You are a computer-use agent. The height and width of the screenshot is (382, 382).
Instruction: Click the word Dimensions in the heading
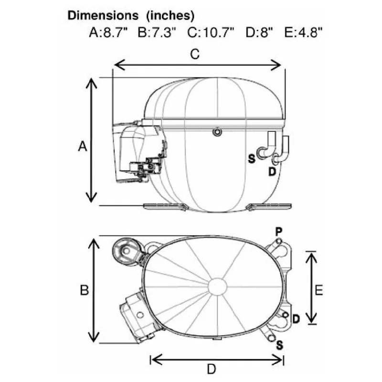pos(103,15)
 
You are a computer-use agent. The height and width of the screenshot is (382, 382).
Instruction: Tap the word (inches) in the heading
pos(170,16)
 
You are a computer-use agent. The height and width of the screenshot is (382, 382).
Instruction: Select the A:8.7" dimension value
pos(108,32)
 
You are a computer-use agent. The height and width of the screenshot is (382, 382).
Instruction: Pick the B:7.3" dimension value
pos(157,32)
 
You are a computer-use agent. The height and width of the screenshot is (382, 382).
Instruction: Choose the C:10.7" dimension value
pos(211,32)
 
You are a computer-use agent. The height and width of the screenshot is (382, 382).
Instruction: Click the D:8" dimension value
pos(259,32)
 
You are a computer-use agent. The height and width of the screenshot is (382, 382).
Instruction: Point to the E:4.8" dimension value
pos(303,32)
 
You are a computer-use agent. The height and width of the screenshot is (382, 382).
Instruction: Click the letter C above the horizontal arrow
pos(195,54)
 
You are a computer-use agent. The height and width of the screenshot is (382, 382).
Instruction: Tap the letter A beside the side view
pos(83,147)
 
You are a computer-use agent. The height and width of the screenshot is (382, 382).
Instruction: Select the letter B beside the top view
pos(85,290)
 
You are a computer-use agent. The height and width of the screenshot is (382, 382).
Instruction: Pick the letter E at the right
pos(318,290)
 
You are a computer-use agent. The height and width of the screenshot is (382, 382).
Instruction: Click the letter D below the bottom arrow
pos(212,369)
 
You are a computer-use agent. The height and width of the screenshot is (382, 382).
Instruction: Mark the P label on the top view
pos(279,231)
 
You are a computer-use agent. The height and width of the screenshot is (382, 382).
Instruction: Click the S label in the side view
pos(252,159)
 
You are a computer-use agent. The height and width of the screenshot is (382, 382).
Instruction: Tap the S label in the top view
pos(280,345)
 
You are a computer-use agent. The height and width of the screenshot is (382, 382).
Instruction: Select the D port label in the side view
pos(272,172)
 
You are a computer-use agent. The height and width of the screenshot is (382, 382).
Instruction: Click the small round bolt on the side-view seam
pos(217,132)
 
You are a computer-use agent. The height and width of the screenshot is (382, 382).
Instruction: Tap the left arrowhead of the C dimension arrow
pos(119,65)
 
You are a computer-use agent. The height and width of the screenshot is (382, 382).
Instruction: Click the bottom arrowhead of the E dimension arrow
pos(311,318)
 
